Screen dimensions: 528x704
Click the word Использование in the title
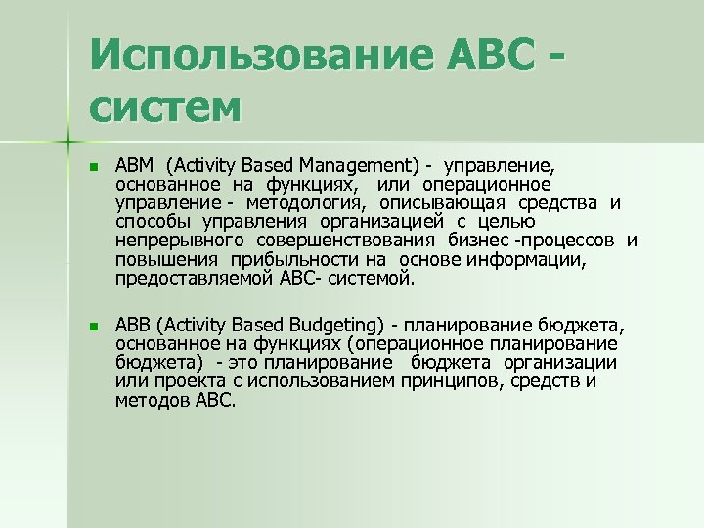(241, 54)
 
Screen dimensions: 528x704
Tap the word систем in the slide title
(163, 104)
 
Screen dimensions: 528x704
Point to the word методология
(304, 202)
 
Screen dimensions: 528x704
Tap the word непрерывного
(183, 240)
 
